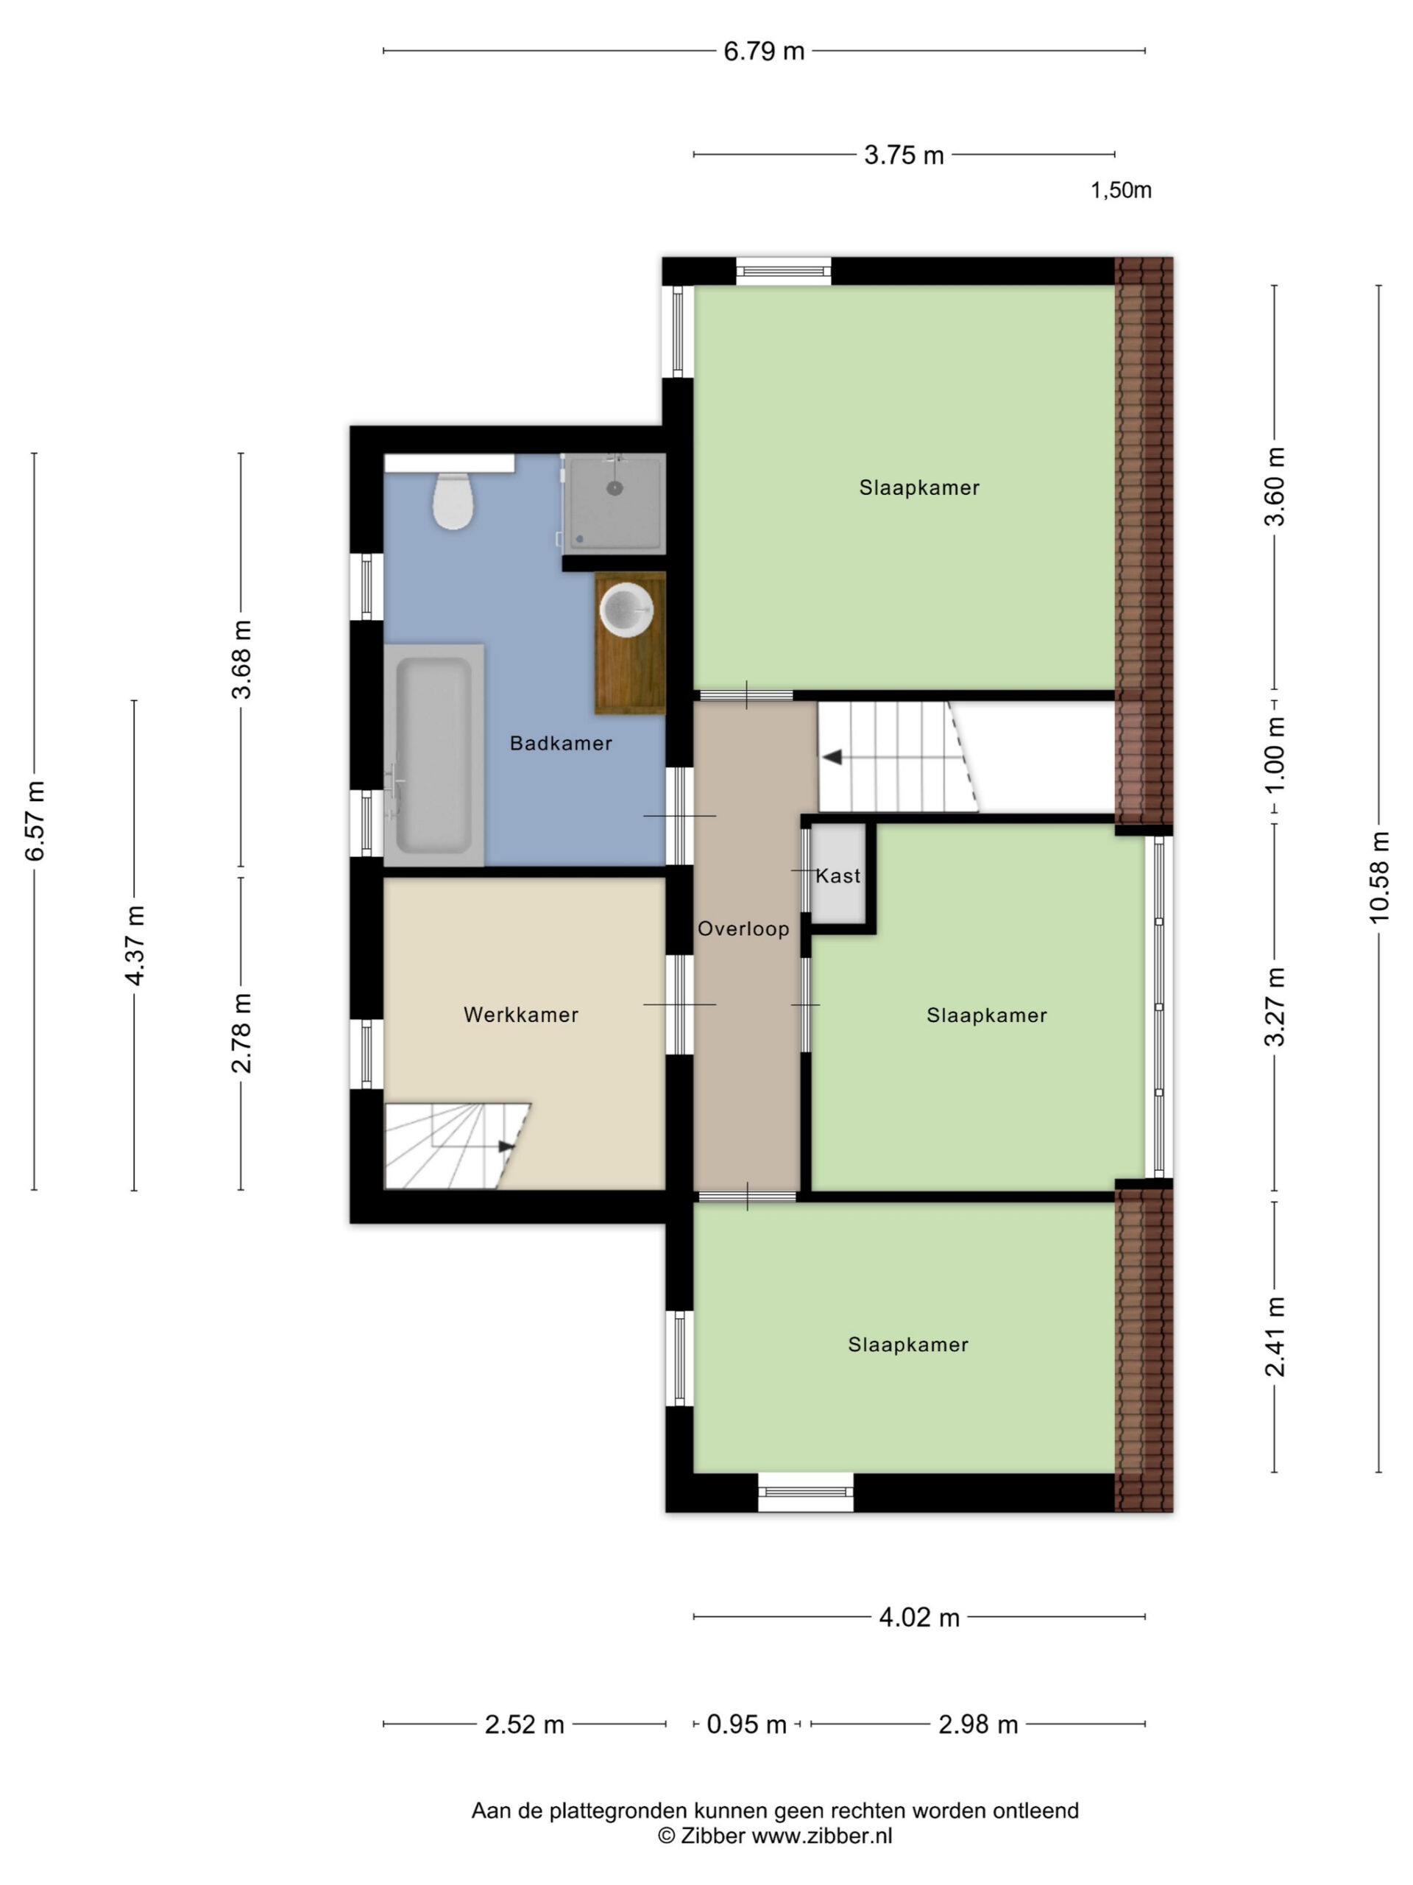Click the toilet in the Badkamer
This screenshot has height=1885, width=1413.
pos(453,501)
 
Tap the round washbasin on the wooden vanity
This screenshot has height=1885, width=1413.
pos(626,609)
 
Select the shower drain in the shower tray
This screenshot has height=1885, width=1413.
pos(614,488)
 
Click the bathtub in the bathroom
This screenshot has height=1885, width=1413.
pos(433,755)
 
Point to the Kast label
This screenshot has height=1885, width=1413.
pos(838,876)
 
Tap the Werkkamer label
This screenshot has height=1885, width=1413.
pos(520,1015)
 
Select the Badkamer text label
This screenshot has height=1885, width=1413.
pos(561,743)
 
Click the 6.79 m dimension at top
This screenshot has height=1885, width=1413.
pos(764,51)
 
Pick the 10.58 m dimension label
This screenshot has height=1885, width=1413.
pos(1378,877)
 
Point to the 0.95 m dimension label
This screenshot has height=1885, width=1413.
pos(746,1724)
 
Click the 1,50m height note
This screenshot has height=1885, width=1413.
pos(1121,190)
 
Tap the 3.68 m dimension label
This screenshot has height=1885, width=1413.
pos(242,660)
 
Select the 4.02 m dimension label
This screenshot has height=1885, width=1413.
pos(919,1616)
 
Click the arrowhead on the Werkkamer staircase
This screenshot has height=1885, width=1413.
pos(507,1147)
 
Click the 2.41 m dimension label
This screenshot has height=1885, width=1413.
pos(1275,1337)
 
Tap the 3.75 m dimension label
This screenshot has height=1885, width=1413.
pos(904,155)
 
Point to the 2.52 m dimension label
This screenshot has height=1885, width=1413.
pos(525,1724)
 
